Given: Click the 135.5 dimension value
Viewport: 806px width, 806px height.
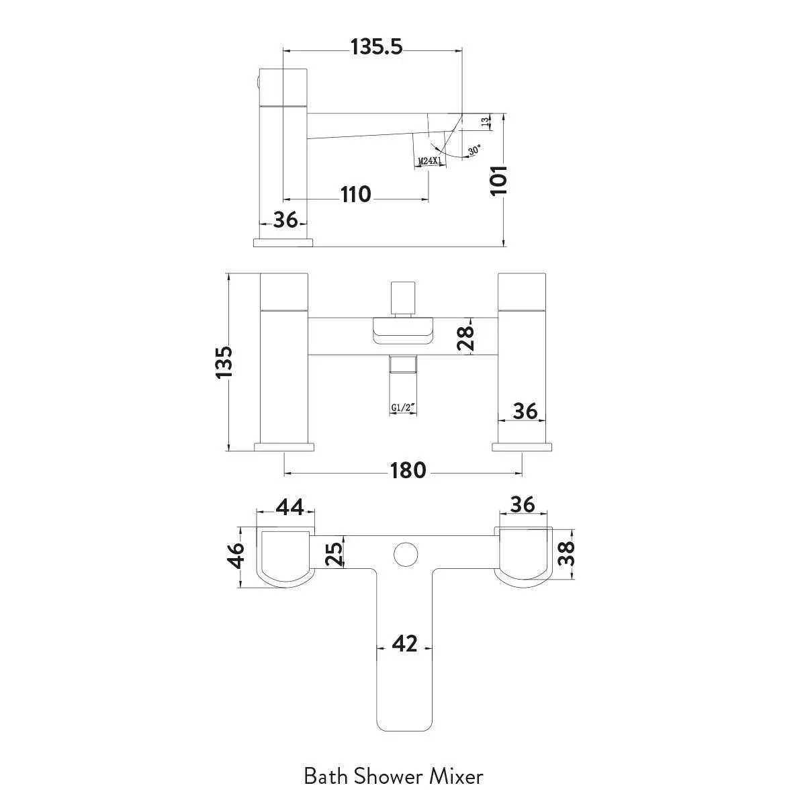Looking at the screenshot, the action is pyautogui.click(x=376, y=47).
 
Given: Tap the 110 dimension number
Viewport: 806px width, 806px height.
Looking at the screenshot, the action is pyautogui.click(x=356, y=195).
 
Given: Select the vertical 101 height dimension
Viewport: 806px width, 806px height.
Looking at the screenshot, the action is pyautogui.click(x=499, y=180).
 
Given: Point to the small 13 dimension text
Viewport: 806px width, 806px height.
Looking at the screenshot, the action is pyautogui.click(x=485, y=122).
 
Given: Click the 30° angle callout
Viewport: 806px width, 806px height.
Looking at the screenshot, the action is pyautogui.click(x=475, y=150).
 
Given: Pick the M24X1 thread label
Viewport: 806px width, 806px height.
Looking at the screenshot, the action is pyautogui.click(x=430, y=160).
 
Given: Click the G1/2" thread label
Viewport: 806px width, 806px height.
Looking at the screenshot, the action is pyautogui.click(x=403, y=407).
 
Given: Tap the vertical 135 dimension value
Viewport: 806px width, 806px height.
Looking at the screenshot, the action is pyautogui.click(x=224, y=362).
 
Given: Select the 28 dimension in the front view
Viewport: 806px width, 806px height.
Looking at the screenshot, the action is pyautogui.click(x=465, y=338).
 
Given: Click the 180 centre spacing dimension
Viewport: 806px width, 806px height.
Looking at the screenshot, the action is pyautogui.click(x=408, y=470).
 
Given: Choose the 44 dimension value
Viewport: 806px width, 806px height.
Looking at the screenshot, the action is pyautogui.click(x=289, y=507).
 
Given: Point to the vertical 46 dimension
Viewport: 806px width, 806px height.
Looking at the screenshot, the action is pyautogui.click(x=236, y=556).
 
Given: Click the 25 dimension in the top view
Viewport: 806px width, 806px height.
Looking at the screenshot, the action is pyautogui.click(x=334, y=553).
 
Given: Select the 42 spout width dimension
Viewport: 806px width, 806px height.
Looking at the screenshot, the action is pyautogui.click(x=404, y=643).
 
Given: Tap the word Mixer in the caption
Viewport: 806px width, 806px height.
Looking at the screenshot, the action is pyautogui.click(x=456, y=776).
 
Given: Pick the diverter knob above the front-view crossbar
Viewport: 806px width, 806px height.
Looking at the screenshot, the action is pyautogui.click(x=403, y=299).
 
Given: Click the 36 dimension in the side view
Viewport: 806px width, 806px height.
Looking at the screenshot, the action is pyautogui.click(x=285, y=220).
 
